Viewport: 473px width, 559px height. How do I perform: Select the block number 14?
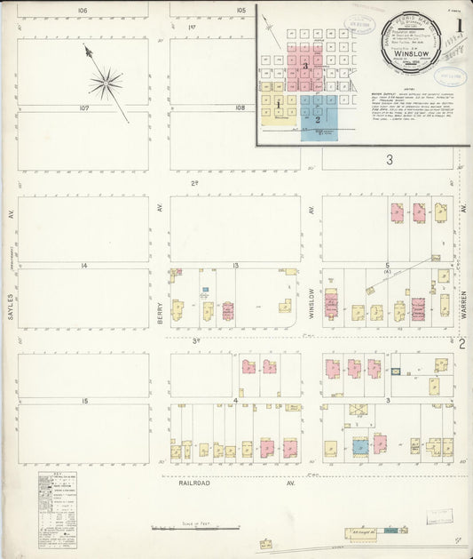[83, 266]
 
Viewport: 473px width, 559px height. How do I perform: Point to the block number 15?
[84, 401]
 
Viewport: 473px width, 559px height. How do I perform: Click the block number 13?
[236, 266]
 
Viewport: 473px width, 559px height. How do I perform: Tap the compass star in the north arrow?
[106, 84]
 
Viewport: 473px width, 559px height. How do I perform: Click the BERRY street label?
[160, 308]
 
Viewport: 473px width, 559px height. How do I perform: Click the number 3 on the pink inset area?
[304, 66]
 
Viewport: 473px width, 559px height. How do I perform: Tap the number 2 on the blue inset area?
[317, 117]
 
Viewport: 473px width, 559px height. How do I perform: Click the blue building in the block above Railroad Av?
[360, 447]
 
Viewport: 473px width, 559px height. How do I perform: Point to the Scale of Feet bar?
[195, 528]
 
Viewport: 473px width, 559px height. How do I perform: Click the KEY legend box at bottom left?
[57, 509]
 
